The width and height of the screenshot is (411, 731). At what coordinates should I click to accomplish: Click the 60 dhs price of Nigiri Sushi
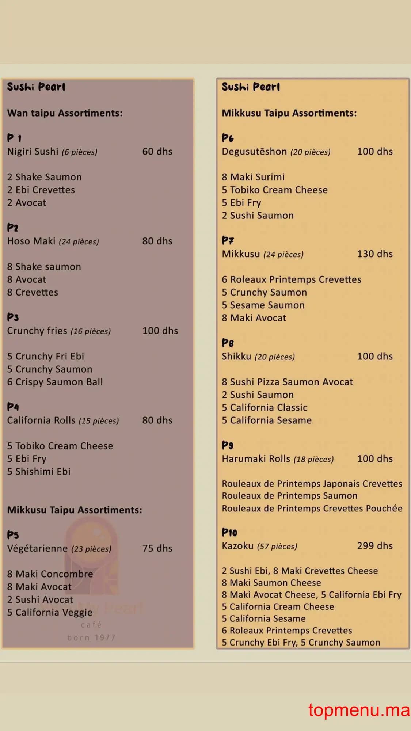click(x=157, y=151)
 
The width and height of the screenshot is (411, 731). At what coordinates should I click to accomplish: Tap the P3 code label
click(x=13, y=317)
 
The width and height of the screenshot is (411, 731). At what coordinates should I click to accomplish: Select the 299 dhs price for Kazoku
click(x=374, y=545)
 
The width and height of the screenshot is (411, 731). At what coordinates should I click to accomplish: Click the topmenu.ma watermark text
click(x=359, y=710)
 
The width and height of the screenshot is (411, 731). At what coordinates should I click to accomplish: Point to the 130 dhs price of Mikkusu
click(x=374, y=254)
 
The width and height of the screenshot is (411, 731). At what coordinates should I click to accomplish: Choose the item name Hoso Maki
click(x=31, y=241)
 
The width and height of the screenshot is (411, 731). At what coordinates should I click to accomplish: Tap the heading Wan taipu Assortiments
click(x=65, y=113)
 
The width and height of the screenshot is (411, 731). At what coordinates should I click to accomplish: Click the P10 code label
click(x=229, y=532)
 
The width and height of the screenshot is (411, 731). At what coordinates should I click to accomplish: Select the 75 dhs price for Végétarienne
click(x=157, y=548)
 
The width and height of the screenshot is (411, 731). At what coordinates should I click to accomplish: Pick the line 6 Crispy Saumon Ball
click(x=55, y=382)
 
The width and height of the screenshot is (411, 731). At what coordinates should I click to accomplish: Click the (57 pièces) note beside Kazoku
click(x=277, y=546)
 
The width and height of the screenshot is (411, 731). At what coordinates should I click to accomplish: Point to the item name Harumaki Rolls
click(x=256, y=458)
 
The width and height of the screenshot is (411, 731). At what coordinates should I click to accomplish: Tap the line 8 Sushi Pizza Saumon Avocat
click(x=287, y=382)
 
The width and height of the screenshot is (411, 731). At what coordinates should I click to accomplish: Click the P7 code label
click(x=228, y=240)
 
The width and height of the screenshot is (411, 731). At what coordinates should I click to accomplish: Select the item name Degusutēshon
click(x=254, y=151)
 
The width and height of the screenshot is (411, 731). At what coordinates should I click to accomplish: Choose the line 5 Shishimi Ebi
click(x=39, y=471)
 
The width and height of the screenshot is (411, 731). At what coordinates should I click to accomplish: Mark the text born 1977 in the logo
click(x=91, y=637)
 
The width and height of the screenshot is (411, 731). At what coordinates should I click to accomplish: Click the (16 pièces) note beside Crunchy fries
click(x=91, y=331)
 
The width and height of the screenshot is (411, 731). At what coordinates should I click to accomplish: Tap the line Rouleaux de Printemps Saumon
click(x=289, y=496)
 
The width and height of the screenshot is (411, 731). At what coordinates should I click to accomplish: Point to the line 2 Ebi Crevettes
click(x=41, y=190)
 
